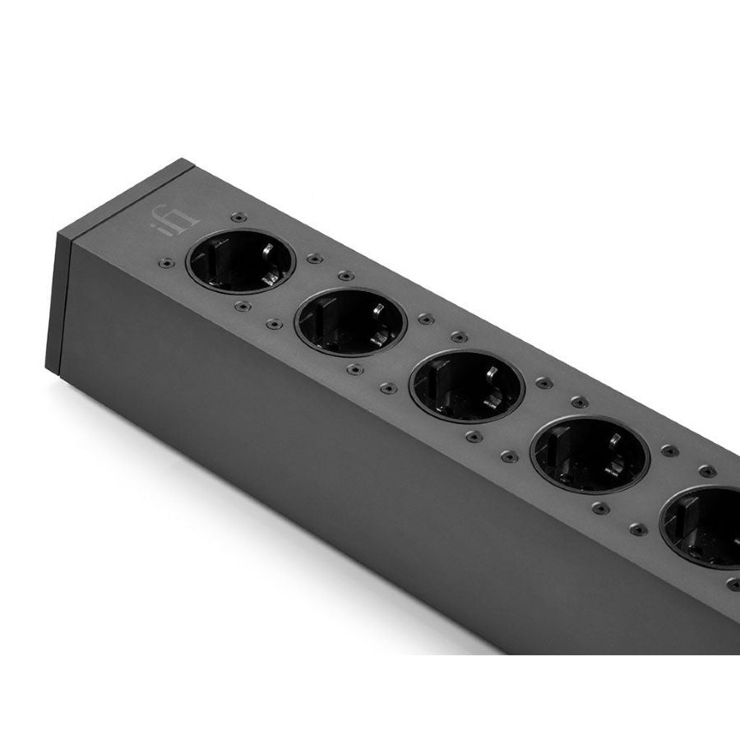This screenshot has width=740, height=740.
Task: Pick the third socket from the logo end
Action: point(465,386)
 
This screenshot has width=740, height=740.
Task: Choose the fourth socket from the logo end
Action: point(590,455)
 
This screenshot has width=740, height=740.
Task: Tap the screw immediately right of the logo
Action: point(238,218)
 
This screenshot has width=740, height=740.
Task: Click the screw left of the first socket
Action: point(165,263)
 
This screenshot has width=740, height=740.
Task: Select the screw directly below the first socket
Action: point(241,307)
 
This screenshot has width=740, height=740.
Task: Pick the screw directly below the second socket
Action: point(354,371)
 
